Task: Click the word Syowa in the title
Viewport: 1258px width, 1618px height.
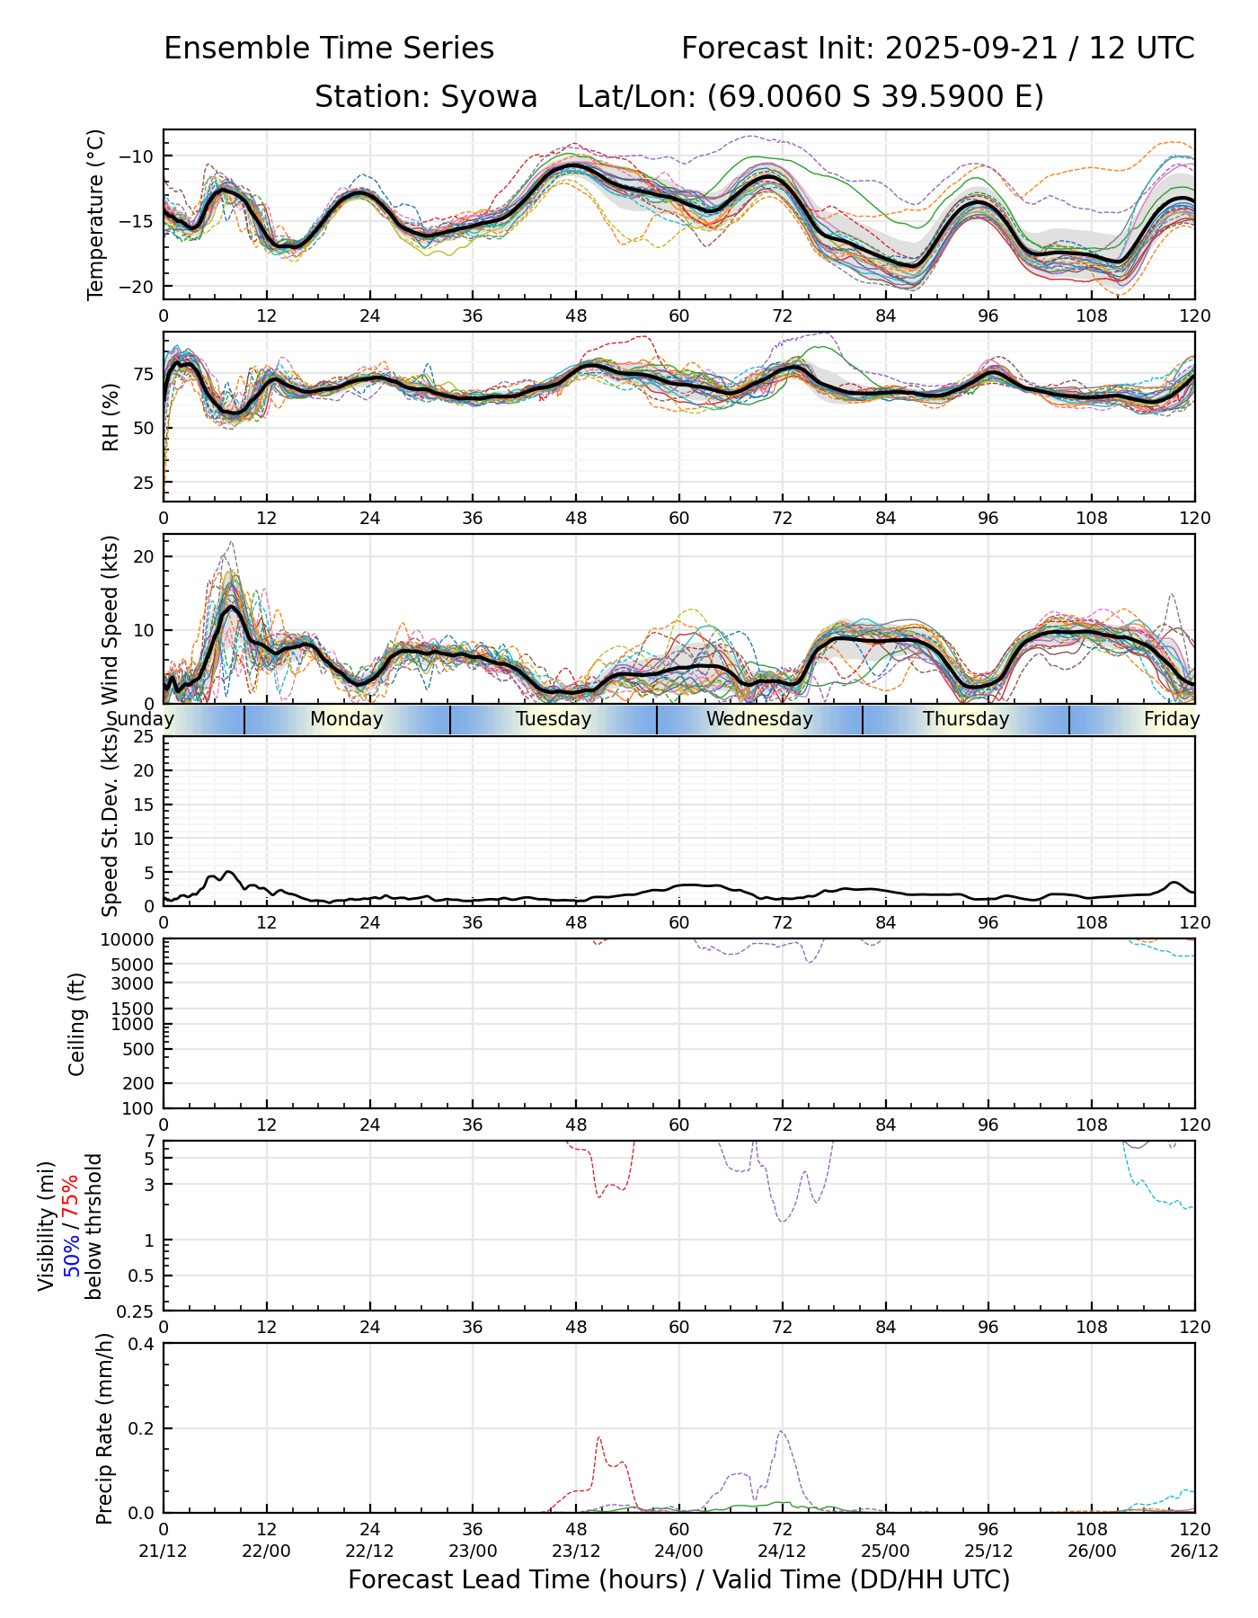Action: (489, 97)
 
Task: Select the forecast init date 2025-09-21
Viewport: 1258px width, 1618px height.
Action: (969, 49)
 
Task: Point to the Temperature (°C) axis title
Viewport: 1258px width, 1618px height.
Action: (96, 214)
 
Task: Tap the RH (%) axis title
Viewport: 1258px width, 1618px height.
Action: (111, 417)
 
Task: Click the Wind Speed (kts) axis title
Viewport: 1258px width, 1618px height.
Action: (111, 619)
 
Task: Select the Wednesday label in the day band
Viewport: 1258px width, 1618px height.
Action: (759, 719)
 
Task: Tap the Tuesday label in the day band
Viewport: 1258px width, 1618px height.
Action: (554, 719)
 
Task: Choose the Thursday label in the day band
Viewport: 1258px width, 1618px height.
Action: (966, 719)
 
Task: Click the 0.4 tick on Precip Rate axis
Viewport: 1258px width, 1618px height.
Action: (143, 1344)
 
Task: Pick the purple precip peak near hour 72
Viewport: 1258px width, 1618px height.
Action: (782, 1432)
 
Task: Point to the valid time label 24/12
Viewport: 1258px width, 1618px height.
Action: (782, 1551)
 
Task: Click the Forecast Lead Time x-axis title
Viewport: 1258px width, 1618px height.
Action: (678, 1580)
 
